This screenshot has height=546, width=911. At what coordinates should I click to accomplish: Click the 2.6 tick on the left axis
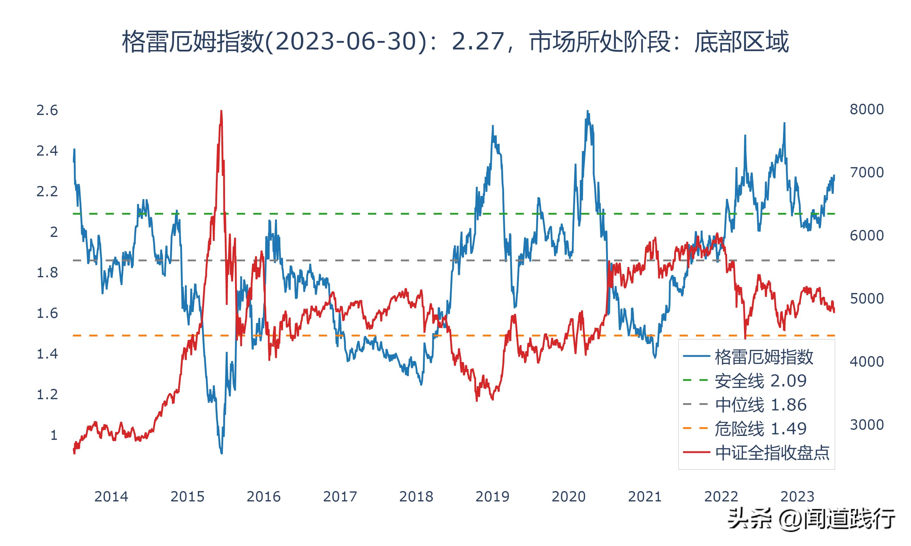tap(47, 110)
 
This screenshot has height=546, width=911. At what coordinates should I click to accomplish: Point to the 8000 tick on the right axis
tap(866, 109)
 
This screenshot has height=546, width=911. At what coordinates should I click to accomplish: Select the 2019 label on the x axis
tap(492, 497)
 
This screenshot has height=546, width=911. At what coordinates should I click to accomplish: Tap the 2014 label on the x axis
tap(111, 497)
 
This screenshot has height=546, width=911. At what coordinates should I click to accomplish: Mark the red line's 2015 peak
tap(221, 111)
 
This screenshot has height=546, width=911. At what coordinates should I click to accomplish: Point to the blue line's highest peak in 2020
tap(587, 111)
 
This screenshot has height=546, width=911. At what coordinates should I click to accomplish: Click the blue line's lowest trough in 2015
tap(221, 453)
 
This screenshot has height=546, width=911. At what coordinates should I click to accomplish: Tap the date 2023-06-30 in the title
tap(346, 42)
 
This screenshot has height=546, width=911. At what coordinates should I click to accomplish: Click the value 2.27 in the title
tap(478, 42)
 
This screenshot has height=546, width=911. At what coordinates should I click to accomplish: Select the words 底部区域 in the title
tap(741, 42)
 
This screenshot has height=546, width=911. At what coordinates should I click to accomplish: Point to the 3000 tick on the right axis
tap(866, 425)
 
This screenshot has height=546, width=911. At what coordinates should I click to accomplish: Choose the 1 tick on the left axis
tap(54, 435)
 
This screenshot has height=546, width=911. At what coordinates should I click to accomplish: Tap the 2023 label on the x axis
tap(797, 497)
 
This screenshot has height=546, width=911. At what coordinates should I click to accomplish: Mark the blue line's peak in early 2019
tap(493, 126)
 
